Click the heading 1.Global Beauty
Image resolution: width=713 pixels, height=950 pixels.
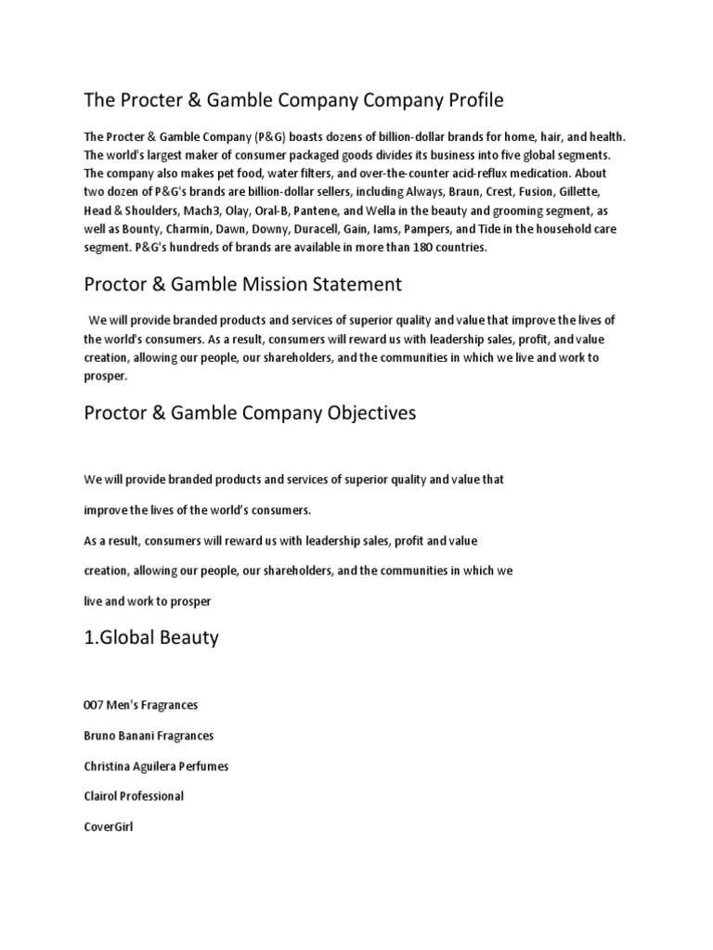[x=150, y=638]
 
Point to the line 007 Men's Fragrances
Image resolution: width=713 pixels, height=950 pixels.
[x=141, y=705]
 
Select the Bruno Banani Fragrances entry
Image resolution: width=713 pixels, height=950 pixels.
[x=149, y=736]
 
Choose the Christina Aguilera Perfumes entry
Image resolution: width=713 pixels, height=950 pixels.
[x=156, y=766]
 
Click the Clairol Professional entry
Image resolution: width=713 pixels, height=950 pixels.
[x=134, y=796]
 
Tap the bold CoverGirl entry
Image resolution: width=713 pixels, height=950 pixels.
[x=109, y=826]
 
